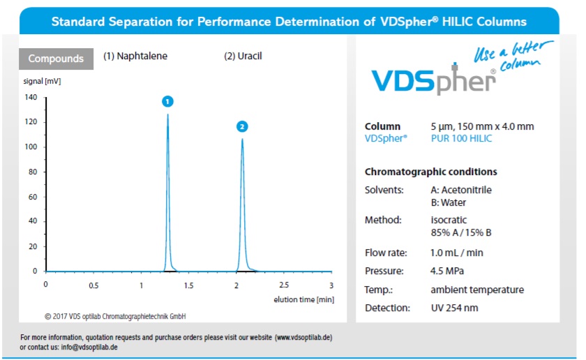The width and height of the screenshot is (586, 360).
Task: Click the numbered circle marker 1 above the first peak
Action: pyautogui.click(x=167, y=101)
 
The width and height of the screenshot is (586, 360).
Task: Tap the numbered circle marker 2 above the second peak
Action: pyautogui.click(x=242, y=126)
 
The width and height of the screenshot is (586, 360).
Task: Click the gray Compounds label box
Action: pyautogui.click(x=56, y=59)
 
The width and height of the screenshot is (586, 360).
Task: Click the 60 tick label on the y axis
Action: pyautogui.click(x=33, y=197)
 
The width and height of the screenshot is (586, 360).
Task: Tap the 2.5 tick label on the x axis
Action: pyautogui.click(x=284, y=285)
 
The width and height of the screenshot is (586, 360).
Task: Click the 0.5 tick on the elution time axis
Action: pyautogui.click(x=93, y=285)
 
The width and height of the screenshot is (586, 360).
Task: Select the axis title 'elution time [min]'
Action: pyautogui.click(x=304, y=299)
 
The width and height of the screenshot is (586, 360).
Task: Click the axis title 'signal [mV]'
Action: pyautogui.click(x=42, y=81)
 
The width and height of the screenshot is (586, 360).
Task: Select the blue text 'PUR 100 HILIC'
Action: pyautogui.click(x=461, y=138)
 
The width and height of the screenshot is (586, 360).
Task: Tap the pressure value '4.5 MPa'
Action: pyautogui.click(x=447, y=271)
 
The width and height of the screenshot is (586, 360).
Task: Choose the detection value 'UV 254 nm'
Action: pyautogui.click(x=455, y=308)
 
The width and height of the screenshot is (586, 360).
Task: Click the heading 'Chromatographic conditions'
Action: pyautogui.click(x=430, y=172)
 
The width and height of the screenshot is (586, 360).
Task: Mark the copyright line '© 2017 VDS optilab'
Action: pyautogui.click(x=115, y=316)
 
